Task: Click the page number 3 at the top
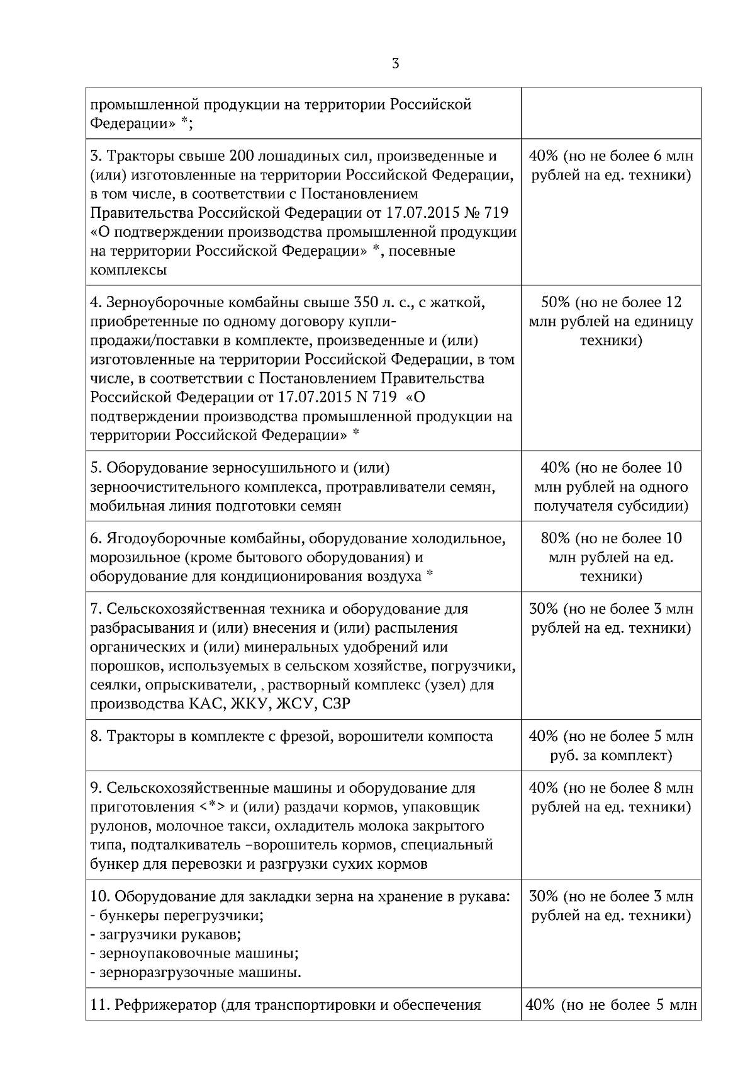pyautogui.click(x=395, y=64)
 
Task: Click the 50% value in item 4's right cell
pyautogui.click(x=555, y=302)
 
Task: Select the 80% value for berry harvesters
pyautogui.click(x=555, y=538)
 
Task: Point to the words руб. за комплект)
pyautogui.click(x=611, y=755)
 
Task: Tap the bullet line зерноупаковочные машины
pyautogui.click(x=194, y=953)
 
